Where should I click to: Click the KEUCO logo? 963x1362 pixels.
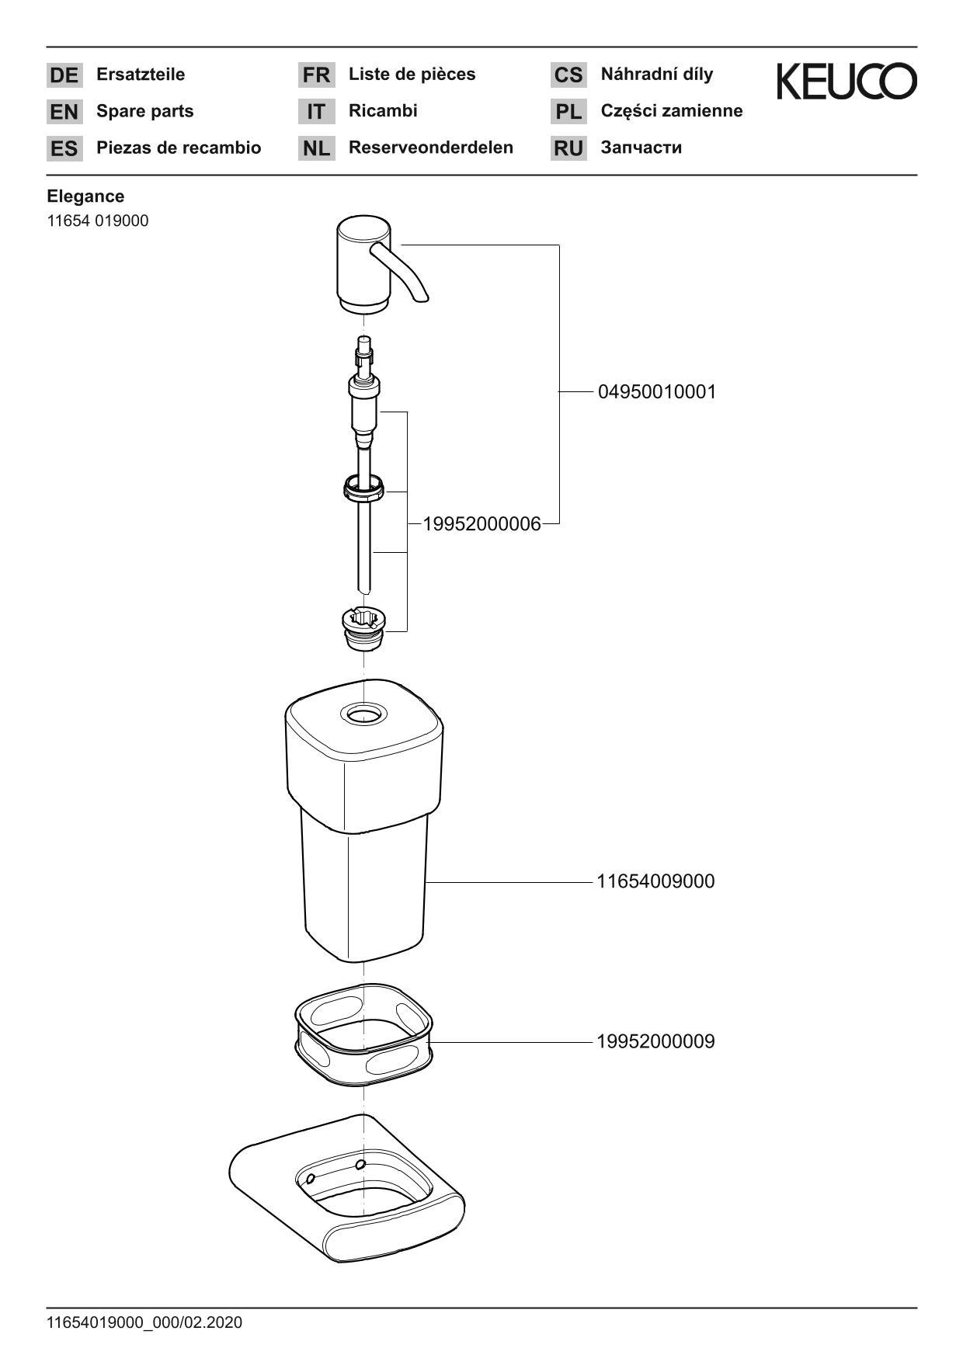tap(847, 82)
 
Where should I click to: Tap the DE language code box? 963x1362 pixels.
tap(64, 75)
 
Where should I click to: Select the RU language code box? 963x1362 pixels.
tap(568, 148)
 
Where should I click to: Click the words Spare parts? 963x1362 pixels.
tap(144, 111)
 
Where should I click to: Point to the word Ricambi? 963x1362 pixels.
tap(383, 111)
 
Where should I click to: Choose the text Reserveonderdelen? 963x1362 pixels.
tap(430, 148)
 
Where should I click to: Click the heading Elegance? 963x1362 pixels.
tap(85, 196)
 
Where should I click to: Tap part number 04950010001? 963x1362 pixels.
tap(656, 392)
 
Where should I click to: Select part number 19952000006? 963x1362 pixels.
tap(481, 525)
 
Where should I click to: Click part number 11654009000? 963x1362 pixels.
tap(655, 882)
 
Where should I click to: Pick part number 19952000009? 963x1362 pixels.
tap(655, 1042)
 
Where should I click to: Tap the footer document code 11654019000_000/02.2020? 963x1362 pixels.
tap(144, 1322)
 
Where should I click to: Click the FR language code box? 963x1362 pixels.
tap(316, 75)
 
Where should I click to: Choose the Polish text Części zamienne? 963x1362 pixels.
tap(671, 111)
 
